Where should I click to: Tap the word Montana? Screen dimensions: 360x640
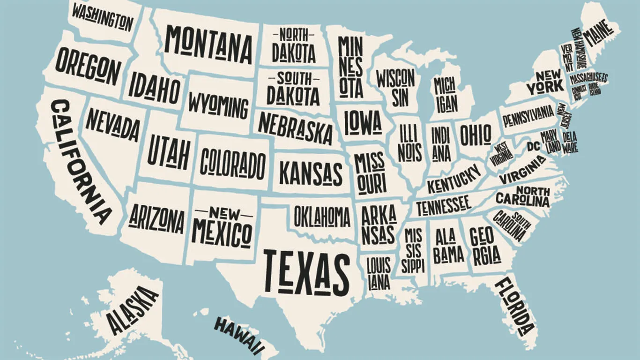208,45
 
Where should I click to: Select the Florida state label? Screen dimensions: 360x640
515,307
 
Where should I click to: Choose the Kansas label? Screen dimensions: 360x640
311,173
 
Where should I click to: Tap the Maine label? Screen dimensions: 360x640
597,35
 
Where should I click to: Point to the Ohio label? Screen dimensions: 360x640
475,135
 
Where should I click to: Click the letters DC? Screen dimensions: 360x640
533,146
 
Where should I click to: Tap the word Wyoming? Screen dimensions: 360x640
218,106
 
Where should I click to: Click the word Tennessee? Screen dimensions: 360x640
443,204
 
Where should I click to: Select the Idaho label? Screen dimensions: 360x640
155,87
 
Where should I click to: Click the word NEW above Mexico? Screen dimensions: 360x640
223,214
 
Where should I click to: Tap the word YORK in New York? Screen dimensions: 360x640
544,87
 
